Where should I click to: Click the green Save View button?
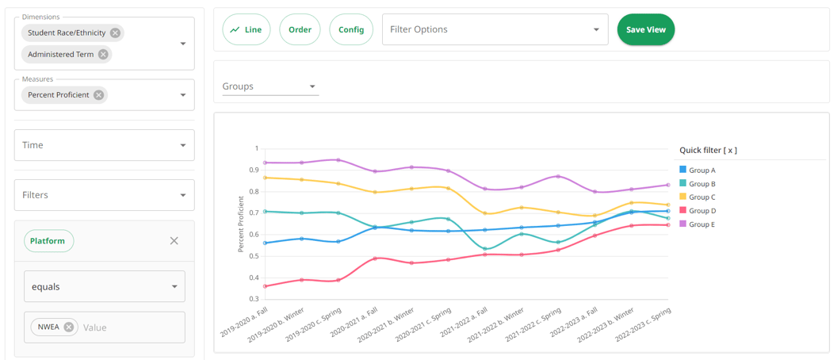point(645,29)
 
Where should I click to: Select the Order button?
point(300,29)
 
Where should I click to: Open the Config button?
point(351,29)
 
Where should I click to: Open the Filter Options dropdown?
point(495,29)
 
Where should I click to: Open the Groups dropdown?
point(269,86)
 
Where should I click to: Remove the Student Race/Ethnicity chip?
point(116,33)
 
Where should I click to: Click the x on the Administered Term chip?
point(103,55)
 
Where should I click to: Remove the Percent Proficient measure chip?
point(98,95)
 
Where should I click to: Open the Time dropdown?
point(104,145)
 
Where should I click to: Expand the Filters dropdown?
point(104,195)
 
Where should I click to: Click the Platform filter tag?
point(48,241)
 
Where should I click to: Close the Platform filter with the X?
point(174,241)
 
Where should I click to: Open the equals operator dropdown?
point(104,286)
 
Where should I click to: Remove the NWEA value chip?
point(69,327)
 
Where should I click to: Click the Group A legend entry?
point(701,170)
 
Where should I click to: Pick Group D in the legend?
point(701,211)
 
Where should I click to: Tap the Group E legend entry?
point(701,224)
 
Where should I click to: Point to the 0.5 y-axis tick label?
point(253,256)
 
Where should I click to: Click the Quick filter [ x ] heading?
point(708,150)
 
